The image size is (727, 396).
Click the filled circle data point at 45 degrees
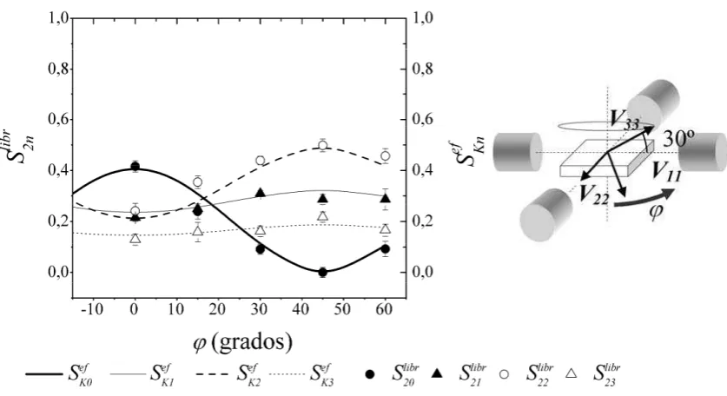(323, 272)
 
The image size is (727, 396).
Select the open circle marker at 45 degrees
(323, 145)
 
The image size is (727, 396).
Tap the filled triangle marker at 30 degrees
(260, 193)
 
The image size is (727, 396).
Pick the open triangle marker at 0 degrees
(135, 238)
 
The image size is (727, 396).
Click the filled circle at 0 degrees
(135, 167)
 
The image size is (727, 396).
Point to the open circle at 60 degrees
(386, 155)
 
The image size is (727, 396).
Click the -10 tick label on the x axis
(92, 309)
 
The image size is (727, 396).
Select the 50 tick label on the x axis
(342, 309)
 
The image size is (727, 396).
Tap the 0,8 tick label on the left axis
(58, 69)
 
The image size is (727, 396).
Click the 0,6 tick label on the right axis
(422, 120)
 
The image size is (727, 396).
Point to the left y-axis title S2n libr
(20, 145)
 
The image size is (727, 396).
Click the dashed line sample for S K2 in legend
(212, 373)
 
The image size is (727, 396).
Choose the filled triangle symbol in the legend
(436, 373)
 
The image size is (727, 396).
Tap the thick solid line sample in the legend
(43, 373)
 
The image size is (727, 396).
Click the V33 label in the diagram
(624, 119)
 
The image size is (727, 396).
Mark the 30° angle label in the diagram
(678, 139)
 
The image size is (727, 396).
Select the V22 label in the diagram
(594, 195)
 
